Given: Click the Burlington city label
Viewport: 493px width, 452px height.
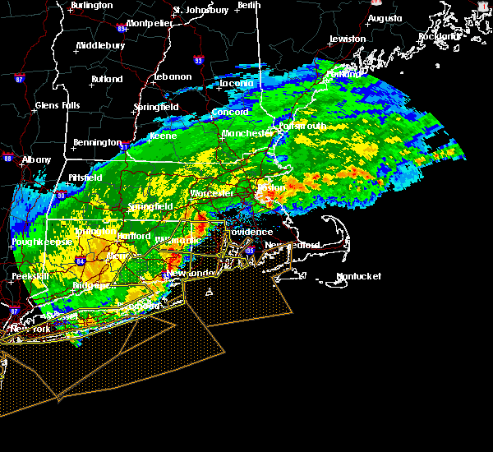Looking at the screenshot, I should pyautogui.click(x=92, y=6).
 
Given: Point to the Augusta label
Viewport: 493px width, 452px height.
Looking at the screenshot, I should pyautogui.click(x=385, y=18).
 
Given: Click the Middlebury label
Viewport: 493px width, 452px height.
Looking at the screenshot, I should pyautogui.click(x=99, y=46).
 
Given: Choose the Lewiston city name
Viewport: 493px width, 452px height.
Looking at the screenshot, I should pyautogui.click(x=348, y=39).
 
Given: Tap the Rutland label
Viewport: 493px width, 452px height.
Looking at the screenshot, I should pyautogui.click(x=106, y=80).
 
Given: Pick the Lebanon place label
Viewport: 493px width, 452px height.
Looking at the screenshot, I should pyautogui.click(x=173, y=77).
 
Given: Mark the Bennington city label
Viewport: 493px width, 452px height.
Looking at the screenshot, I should pyautogui.click(x=97, y=143).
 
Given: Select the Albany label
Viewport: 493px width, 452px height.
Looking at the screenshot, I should pyautogui.click(x=36, y=159).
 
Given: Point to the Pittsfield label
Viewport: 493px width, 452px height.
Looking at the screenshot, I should pyautogui.click(x=85, y=178).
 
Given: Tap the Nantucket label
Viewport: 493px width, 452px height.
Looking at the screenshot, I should pyautogui.click(x=359, y=277).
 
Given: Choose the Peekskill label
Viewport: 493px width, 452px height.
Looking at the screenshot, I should pyautogui.click(x=30, y=277).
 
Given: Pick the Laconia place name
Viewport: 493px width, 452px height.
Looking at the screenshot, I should pyautogui.click(x=239, y=83).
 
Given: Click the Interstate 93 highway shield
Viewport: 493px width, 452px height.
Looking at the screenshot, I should pyautogui.click(x=198, y=60).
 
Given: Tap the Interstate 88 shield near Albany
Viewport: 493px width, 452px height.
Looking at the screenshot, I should pyautogui.click(x=7, y=159).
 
